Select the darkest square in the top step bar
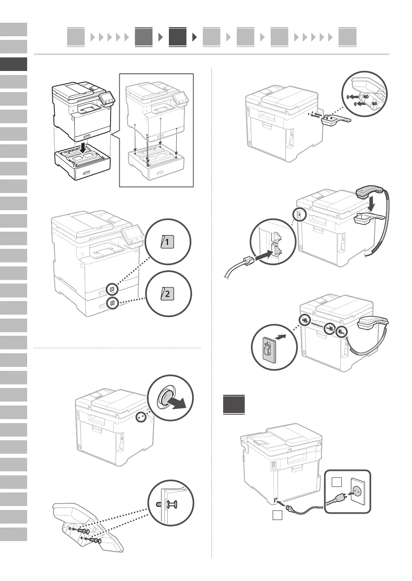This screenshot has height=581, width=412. pyautogui.click(x=177, y=37)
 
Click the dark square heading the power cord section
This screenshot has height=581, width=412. pyautogui.click(x=234, y=404)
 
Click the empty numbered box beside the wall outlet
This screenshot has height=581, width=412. pyautogui.click(x=337, y=483)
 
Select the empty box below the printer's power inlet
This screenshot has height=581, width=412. pyautogui.click(x=277, y=515)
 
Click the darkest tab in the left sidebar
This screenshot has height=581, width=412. pyautogui.click(x=14, y=64)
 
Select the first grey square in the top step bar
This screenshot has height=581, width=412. pyautogui.click(x=76, y=37)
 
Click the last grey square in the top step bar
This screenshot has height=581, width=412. pyautogui.click(x=347, y=37)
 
